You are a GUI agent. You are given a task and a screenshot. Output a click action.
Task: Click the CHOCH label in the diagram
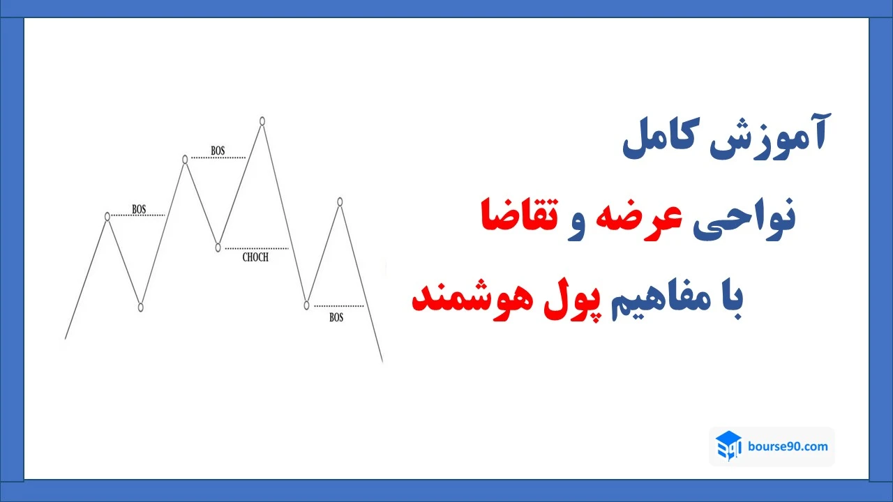click(x=255, y=257)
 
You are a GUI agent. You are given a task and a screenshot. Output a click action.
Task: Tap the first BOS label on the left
click(x=139, y=208)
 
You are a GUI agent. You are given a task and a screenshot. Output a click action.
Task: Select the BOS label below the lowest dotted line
click(x=336, y=317)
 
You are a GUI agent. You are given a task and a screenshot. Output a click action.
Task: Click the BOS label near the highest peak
click(x=218, y=151)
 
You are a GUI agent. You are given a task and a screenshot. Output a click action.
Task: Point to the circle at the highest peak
click(x=262, y=121)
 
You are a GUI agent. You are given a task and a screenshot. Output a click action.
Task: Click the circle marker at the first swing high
click(x=107, y=216)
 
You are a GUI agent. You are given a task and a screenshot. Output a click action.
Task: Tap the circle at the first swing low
click(x=141, y=307)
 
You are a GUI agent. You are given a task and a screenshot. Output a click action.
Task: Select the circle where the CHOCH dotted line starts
click(x=218, y=248)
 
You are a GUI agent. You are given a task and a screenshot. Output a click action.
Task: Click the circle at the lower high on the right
click(x=340, y=201)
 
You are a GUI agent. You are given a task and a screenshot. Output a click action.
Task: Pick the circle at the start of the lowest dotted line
click(x=307, y=305)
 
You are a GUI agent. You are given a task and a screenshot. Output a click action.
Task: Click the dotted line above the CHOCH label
click(x=257, y=248)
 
